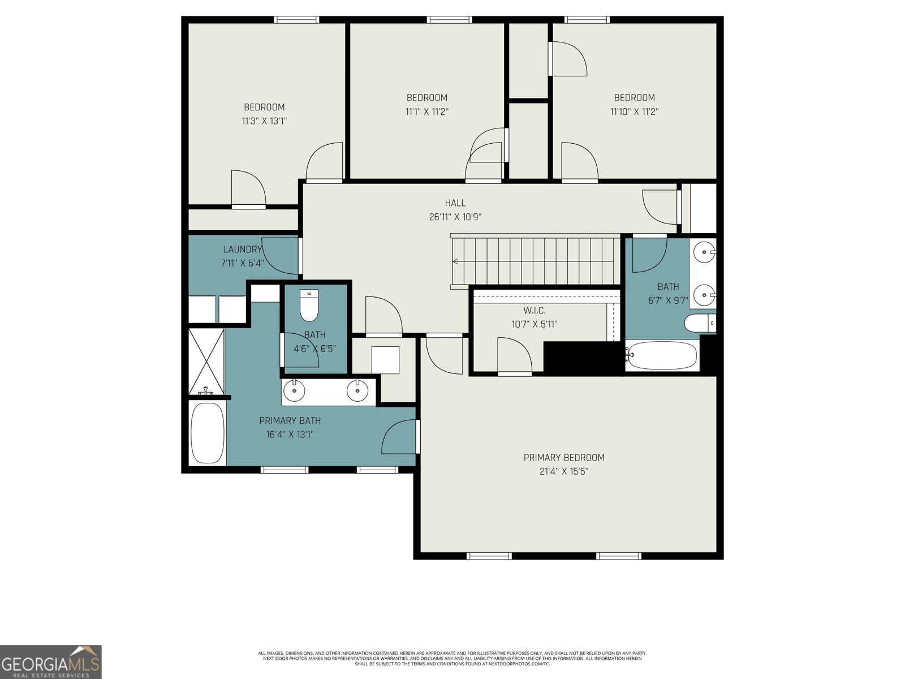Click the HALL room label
455,203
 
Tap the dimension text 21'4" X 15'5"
563,471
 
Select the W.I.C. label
535,311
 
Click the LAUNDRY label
243,250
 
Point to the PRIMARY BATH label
290,420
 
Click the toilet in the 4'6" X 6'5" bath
309,305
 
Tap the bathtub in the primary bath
208,433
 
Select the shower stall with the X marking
206,361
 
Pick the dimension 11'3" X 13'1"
264,121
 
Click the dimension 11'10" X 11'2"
634,111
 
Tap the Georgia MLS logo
51,662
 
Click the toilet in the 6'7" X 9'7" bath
700,323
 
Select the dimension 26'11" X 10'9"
455,217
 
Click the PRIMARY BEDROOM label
564,457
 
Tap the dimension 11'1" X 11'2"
426,111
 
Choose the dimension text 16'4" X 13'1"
290,435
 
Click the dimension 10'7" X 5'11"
535,324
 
